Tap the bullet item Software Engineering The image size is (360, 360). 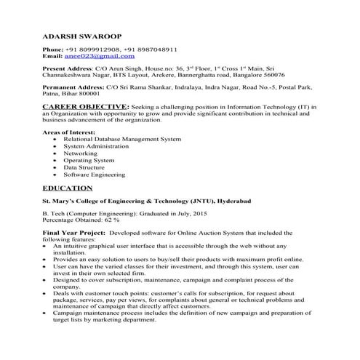(95, 175)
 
